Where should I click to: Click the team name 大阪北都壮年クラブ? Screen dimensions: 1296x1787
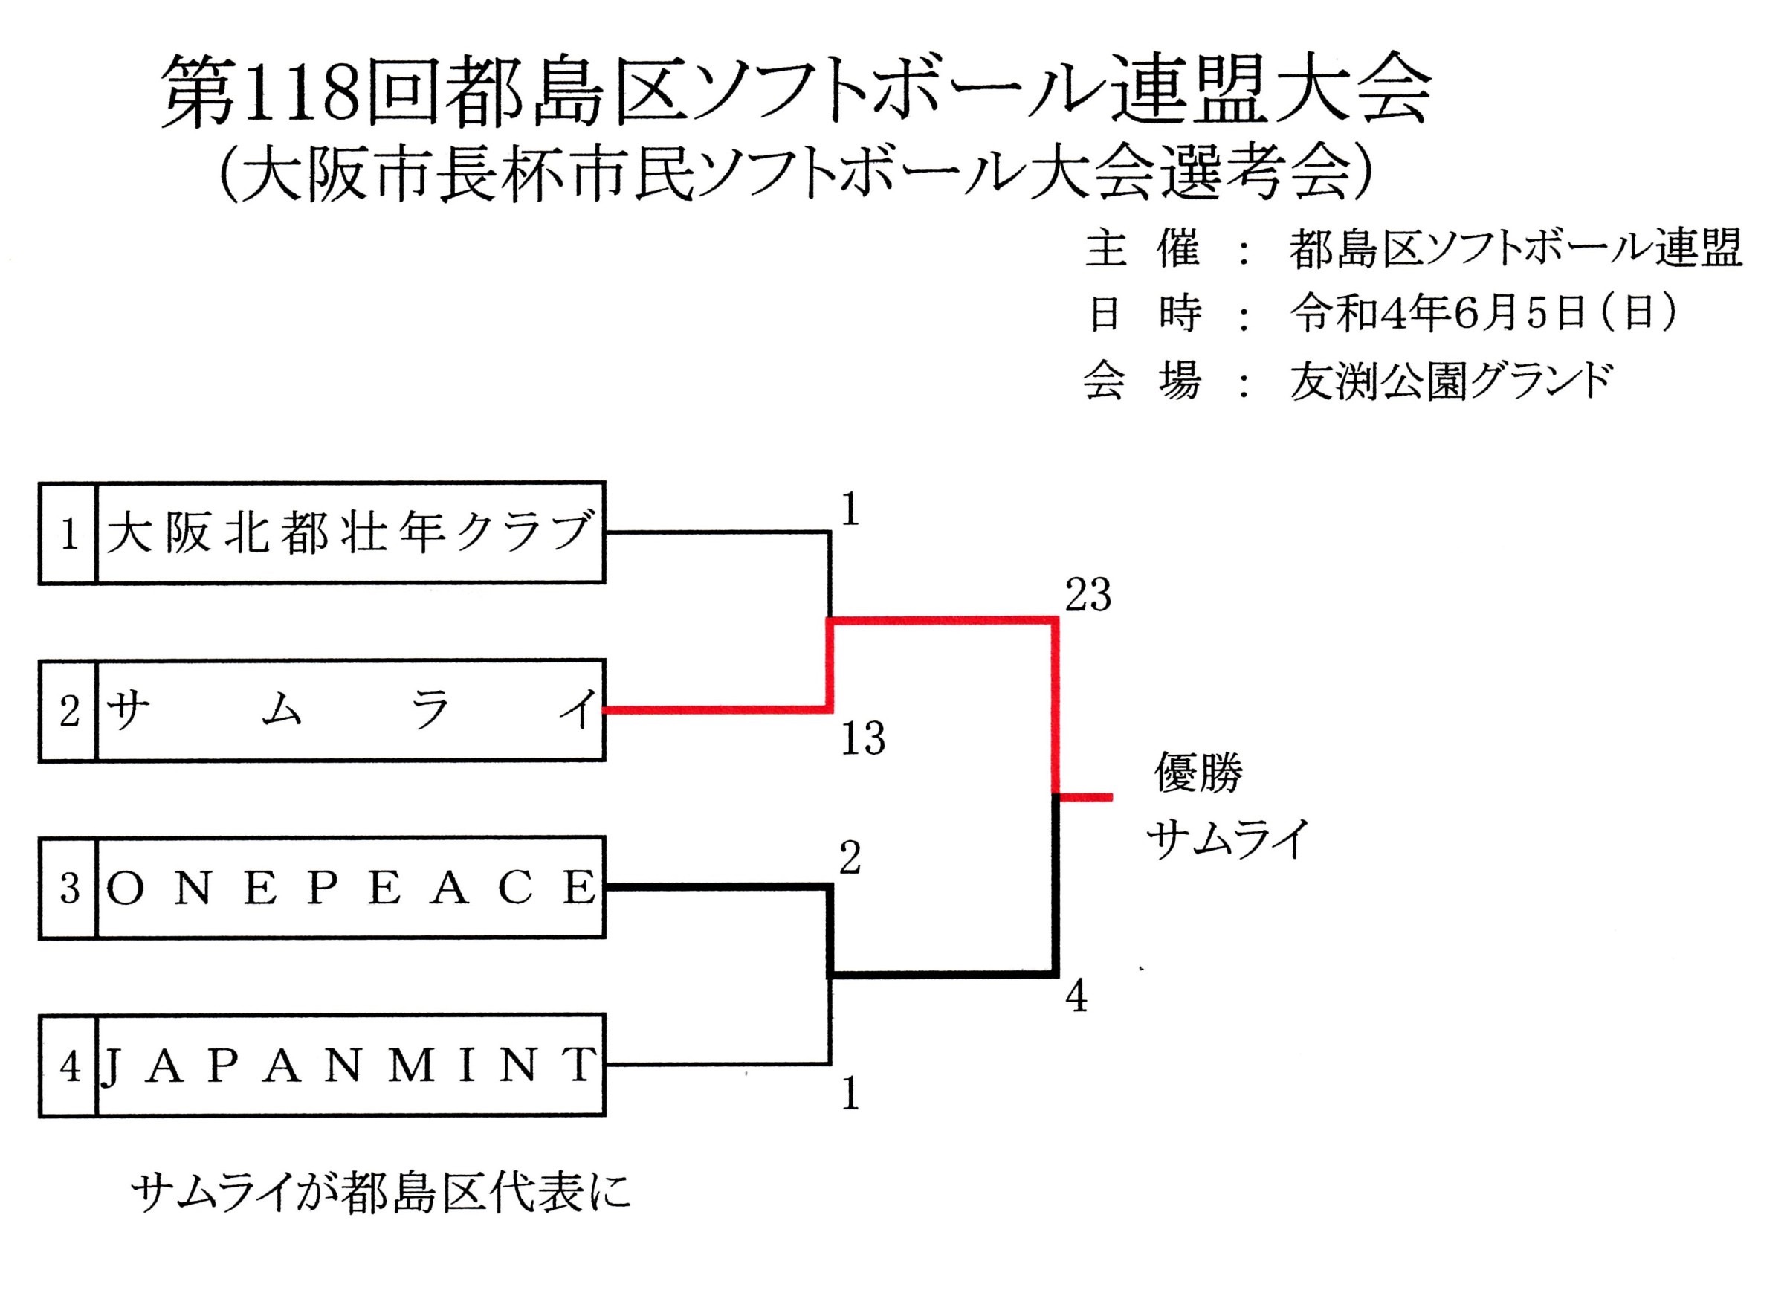pyautogui.click(x=350, y=533)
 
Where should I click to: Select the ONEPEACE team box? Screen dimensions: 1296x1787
pyautogui.click(x=350, y=888)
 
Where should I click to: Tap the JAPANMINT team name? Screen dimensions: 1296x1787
pyautogui.click(x=350, y=1065)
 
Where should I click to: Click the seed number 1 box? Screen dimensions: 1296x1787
pyautogui.click(x=68, y=534)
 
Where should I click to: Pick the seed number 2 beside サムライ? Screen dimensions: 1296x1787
pyautogui.click(x=68, y=711)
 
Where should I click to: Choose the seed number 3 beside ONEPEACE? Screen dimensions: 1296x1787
pyautogui.click(x=68, y=889)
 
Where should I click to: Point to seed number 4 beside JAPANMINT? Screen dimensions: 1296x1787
pyautogui.click(x=68, y=1066)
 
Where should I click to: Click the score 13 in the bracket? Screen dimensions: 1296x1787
pyautogui.click(x=863, y=738)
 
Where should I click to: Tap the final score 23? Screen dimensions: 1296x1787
pyautogui.click(x=1088, y=595)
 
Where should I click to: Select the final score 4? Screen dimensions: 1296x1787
pyautogui.click(x=1076, y=997)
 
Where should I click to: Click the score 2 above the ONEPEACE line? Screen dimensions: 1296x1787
pyautogui.click(x=850, y=859)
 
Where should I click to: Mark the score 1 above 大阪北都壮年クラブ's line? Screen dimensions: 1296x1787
pyautogui.click(x=850, y=511)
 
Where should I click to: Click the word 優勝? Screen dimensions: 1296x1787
pyautogui.click(x=1198, y=772)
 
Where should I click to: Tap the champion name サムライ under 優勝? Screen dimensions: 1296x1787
pyautogui.click(x=1227, y=839)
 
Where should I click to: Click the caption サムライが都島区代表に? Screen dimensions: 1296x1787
pyautogui.click(x=381, y=1194)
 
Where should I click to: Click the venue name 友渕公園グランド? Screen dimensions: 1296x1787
pyautogui.click(x=1450, y=381)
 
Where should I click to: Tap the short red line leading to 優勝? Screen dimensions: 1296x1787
pyautogui.click(x=1086, y=797)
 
